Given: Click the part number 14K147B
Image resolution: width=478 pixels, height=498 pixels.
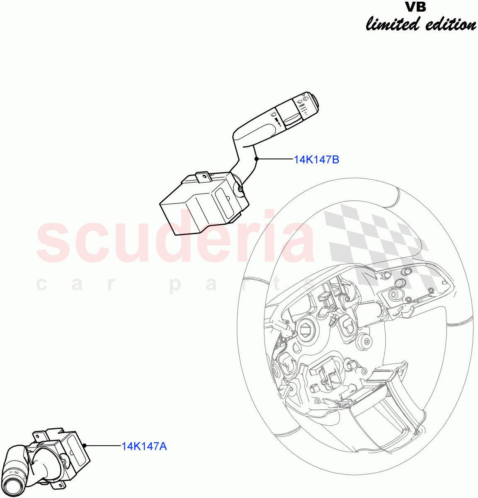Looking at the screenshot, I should (316, 159).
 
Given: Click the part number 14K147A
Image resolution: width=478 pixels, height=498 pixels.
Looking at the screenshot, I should (144, 446).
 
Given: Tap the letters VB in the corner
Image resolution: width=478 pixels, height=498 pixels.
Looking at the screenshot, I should (416, 7).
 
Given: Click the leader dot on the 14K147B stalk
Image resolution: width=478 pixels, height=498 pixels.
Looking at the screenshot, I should (257, 159).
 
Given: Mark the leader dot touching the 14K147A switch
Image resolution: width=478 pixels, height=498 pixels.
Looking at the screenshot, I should (85, 445).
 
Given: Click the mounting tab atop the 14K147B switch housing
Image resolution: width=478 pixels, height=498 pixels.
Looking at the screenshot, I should (203, 177).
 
